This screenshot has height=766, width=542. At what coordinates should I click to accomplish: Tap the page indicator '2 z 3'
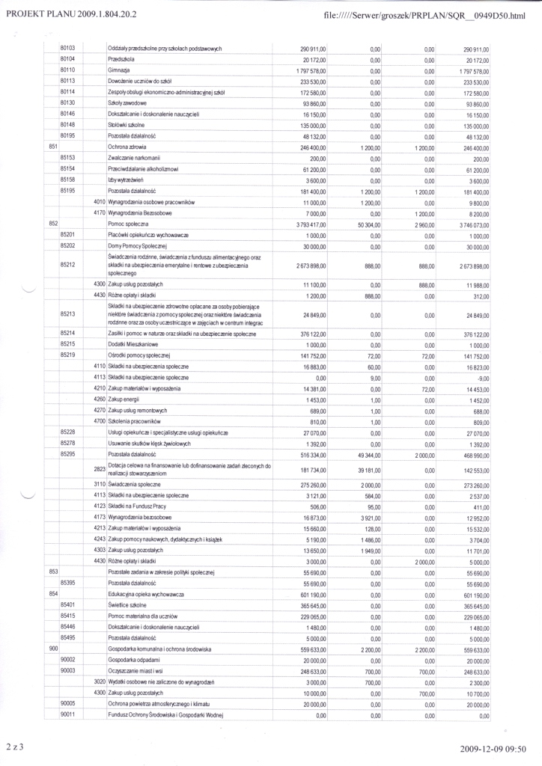pos(16,747)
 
